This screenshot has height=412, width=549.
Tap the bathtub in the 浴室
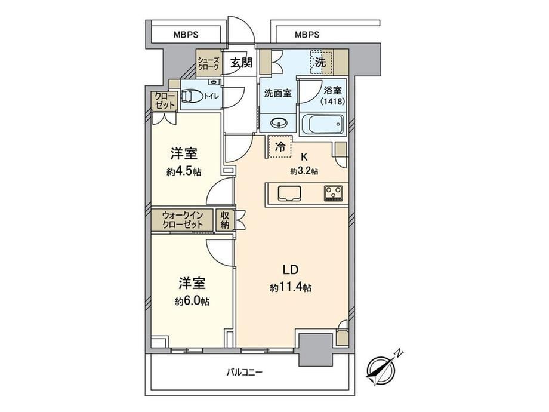pos(322,124)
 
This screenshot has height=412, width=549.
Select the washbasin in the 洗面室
pos(279,123)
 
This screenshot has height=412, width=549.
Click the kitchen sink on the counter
pos(289,193)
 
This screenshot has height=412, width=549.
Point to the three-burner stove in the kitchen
pos(334,193)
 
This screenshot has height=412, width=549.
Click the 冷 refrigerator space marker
pos(280,147)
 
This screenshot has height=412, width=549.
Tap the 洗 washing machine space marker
pos(322,62)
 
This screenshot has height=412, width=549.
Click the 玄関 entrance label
pos(241,63)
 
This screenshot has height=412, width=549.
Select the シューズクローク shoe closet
pos(209,64)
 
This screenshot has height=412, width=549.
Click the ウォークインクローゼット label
pos(183,220)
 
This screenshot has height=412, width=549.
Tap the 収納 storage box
pos(225,220)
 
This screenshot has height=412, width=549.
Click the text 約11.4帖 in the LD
pos(291,288)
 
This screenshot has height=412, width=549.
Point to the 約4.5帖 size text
pos(184,172)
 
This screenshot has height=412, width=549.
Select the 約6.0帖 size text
pos(192,301)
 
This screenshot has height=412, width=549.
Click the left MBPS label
pos(186,35)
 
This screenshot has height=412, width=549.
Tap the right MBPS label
pos(307,35)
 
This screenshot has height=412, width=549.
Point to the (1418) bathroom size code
pos(333,102)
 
